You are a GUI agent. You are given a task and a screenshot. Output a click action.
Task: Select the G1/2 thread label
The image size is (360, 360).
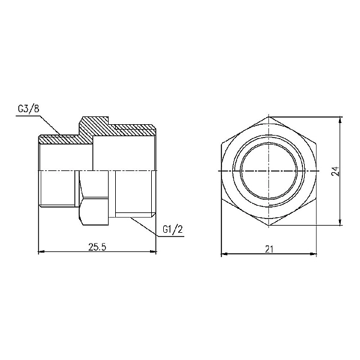tap(172, 230)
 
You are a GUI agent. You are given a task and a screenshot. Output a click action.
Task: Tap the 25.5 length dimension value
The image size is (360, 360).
tap(97, 246)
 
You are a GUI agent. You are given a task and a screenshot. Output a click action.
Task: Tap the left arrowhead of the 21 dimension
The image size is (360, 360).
tap(224, 253)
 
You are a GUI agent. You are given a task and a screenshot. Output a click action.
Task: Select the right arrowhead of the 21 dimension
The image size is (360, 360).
tap(314, 253)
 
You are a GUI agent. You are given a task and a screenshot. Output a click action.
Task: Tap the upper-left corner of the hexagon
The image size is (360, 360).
tap(221, 144)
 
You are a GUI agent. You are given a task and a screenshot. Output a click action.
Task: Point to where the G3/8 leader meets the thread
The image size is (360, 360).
tap(61, 134)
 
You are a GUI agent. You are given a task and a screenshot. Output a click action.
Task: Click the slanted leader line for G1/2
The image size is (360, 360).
tap(144, 224)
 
